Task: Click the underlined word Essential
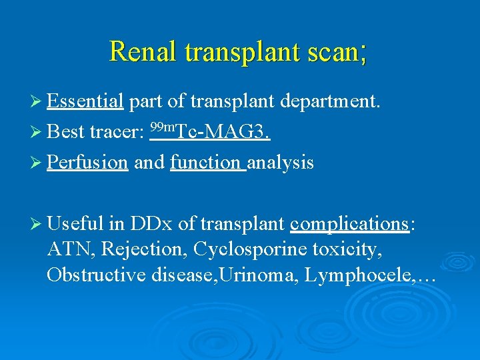tap(85, 102)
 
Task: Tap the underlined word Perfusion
tap(87, 163)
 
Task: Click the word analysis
tap(280, 163)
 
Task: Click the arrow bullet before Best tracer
tap(39, 133)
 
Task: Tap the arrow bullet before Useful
tap(39, 225)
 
